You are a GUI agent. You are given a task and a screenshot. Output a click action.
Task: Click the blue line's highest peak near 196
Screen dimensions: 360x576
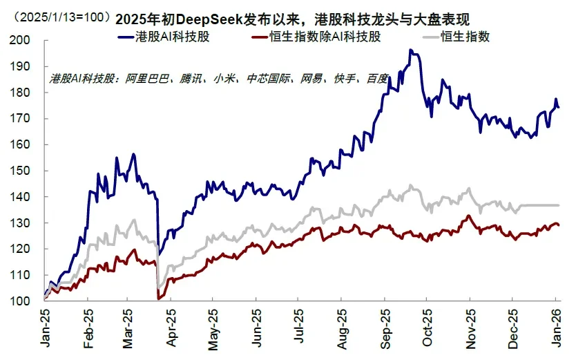coord(410,50)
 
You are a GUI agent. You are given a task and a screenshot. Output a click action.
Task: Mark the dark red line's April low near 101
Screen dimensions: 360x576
coord(160,299)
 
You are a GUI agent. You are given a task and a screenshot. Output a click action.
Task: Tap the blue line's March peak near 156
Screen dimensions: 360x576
coord(133,154)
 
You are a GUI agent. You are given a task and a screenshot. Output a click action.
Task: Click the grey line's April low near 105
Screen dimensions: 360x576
coord(160,287)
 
